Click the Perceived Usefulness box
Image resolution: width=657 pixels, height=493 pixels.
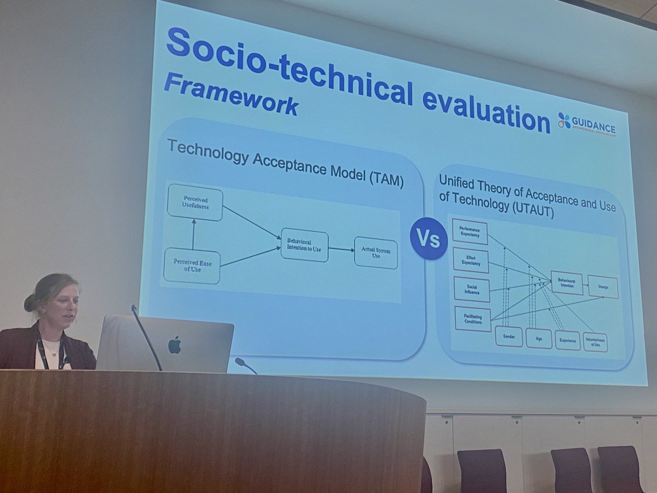coord(195,202)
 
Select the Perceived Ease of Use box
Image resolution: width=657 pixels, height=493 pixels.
coord(192,266)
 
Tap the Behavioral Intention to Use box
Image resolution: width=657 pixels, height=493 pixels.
coord(304,245)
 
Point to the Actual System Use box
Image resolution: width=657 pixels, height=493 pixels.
coord(376,253)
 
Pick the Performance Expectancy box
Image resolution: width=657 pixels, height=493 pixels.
coord(470,231)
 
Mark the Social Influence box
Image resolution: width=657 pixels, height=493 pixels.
coord(471,289)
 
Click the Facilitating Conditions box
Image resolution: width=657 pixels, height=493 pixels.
coord(472,319)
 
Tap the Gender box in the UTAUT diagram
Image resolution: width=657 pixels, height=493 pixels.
coord(509,336)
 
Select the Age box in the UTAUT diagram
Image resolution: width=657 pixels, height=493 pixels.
coord(539,338)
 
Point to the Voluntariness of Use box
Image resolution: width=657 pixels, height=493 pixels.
coord(595,342)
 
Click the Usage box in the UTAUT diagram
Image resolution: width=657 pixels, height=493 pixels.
coord(603,286)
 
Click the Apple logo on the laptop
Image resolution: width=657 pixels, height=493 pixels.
coord(174,345)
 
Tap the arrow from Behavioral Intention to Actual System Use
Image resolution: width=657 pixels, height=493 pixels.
coord(341,249)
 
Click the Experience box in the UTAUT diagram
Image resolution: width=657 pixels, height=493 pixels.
coord(567,340)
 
